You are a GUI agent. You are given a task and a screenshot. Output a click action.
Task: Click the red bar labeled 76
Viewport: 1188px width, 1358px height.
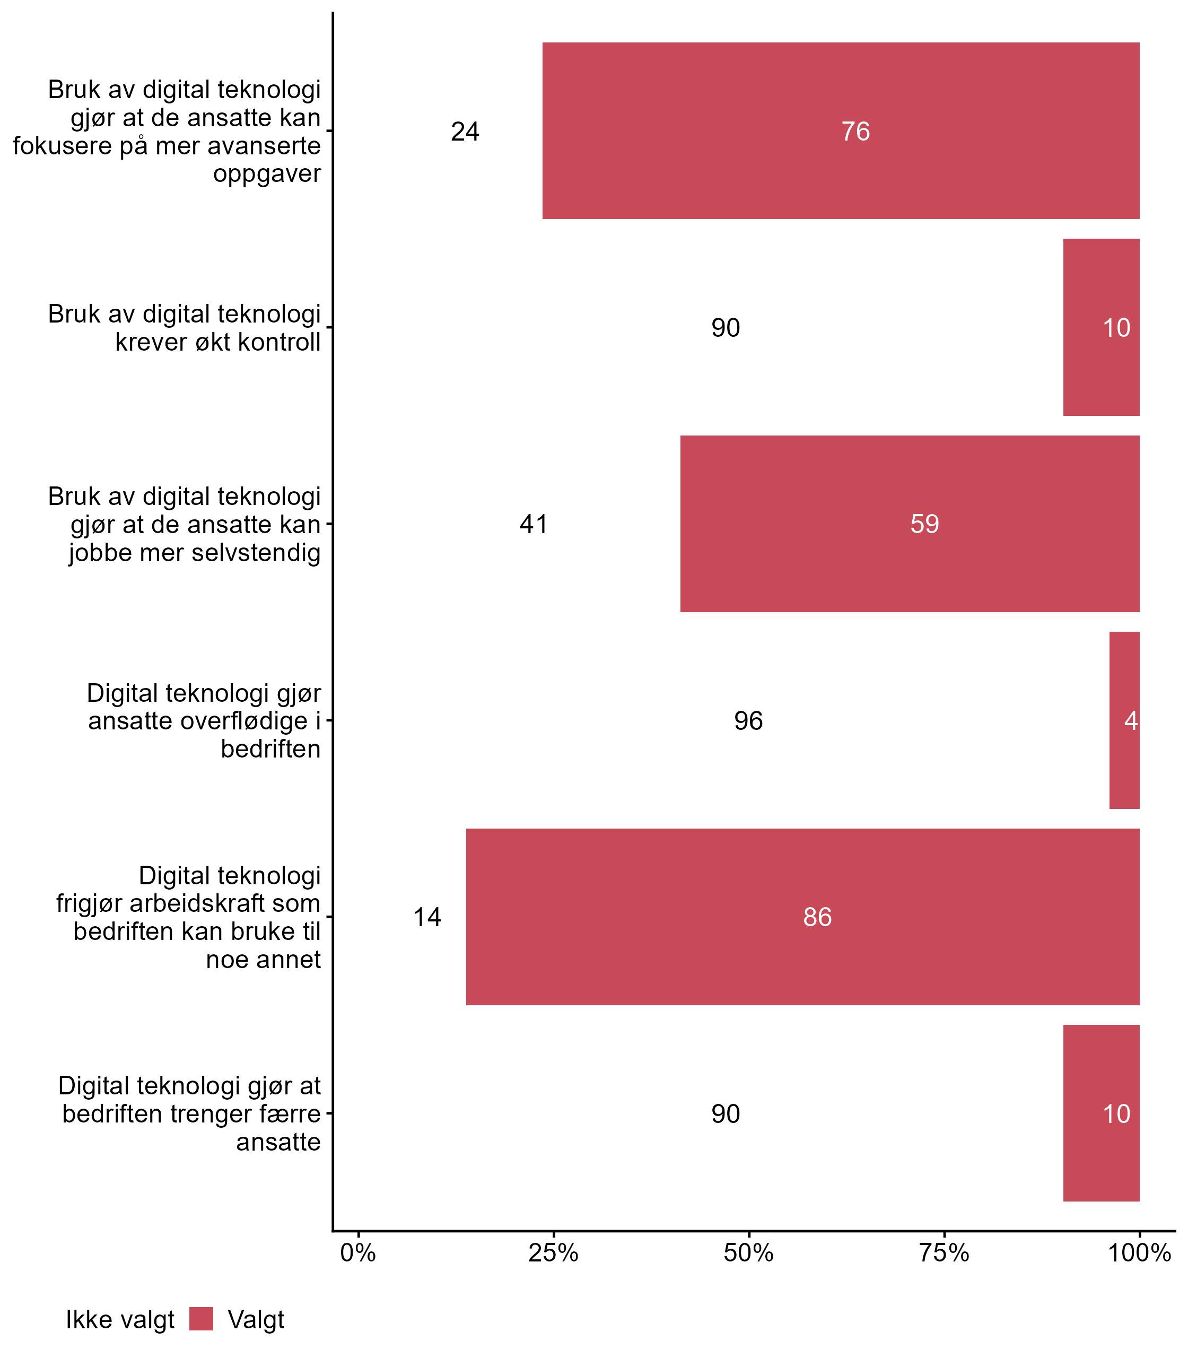click(x=841, y=130)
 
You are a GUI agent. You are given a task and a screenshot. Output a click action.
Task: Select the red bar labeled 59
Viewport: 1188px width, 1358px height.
click(x=910, y=524)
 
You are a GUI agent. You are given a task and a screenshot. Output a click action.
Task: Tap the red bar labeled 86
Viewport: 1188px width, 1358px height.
click(x=802, y=917)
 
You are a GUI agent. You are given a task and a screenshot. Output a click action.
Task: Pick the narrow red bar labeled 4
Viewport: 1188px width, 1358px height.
click(x=1124, y=721)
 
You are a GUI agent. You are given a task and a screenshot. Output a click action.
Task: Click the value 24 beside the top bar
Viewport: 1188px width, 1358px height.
click(x=465, y=132)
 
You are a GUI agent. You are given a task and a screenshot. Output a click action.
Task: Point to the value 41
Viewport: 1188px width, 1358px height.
click(x=534, y=525)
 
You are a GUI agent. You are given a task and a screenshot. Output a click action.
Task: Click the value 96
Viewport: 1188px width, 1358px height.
click(x=748, y=721)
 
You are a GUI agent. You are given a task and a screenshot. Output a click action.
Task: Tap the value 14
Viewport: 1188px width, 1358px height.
click(x=427, y=918)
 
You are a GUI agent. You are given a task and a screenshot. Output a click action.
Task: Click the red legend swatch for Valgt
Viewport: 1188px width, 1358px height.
click(x=201, y=1319)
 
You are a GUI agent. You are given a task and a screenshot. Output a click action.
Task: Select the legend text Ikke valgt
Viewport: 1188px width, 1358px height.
click(x=120, y=1320)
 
